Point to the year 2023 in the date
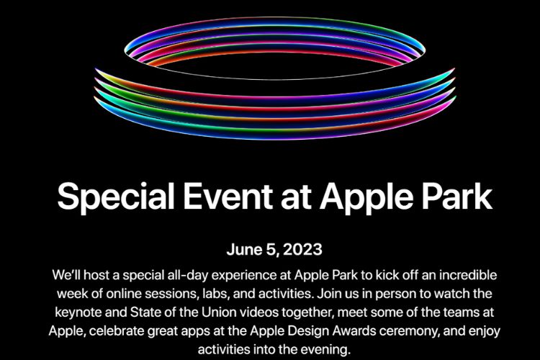tap(302, 251)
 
